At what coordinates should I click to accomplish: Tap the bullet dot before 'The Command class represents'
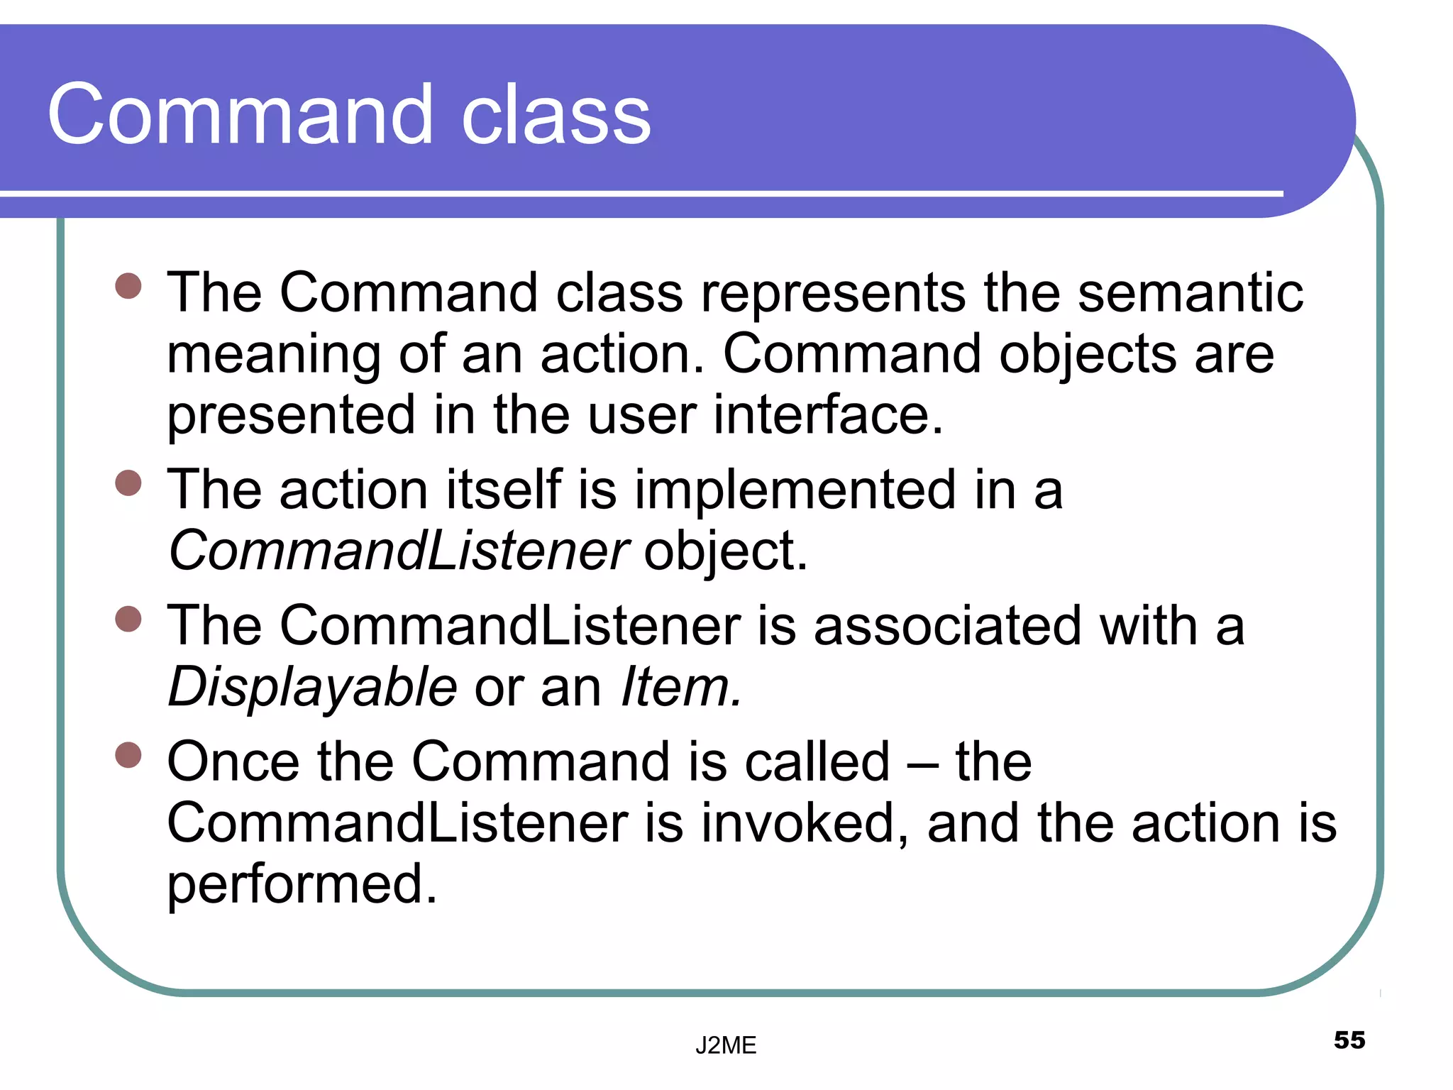pyautogui.click(x=128, y=287)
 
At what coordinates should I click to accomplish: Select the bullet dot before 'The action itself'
pyautogui.click(x=128, y=483)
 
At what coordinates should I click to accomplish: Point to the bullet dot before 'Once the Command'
pyautogui.click(x=128, y=755)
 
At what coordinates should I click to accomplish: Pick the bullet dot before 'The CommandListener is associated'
pyautogui.click(x=128, y=619)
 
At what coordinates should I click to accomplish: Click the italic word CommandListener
pyautogui.click(x=398, y=551)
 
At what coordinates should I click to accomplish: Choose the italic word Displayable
pyautogui.click(x=313, y=688)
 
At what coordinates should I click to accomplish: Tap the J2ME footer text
pyautogui.click(x=725, y=1045)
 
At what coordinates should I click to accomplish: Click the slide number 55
pyautogui.click(x=1349, y=1040)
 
